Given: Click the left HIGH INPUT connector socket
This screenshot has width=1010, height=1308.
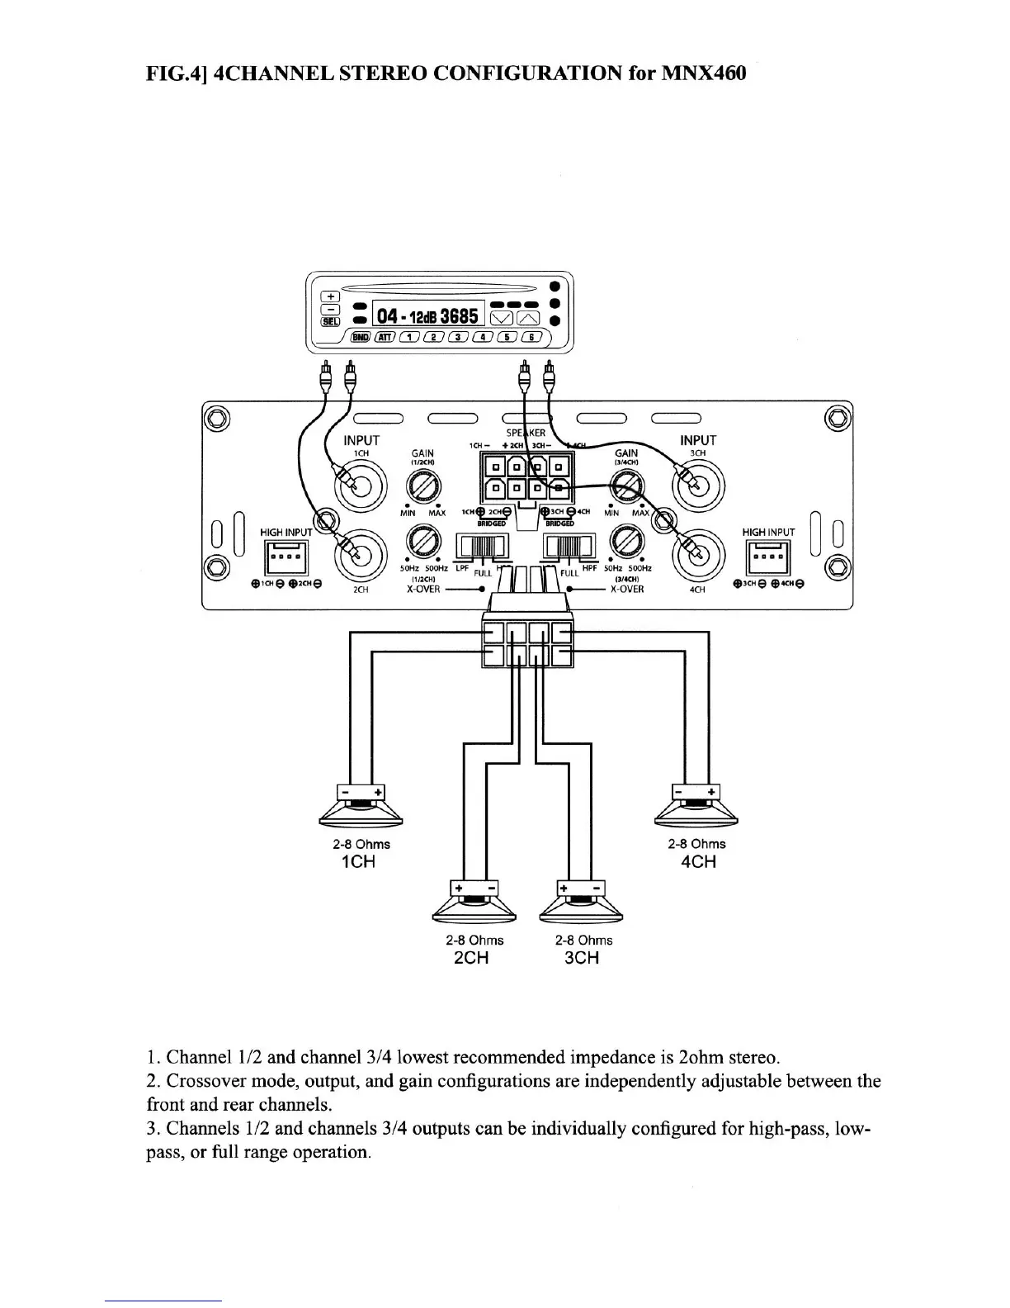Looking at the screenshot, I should click(285, 558).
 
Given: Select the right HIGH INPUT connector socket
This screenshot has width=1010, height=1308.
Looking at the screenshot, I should click(768, 558).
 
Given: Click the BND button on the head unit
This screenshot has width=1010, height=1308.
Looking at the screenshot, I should click(360, 337).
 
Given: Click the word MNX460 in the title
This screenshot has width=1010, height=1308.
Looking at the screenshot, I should click(706, 73).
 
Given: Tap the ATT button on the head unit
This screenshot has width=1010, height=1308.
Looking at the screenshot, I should click(385, 337).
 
